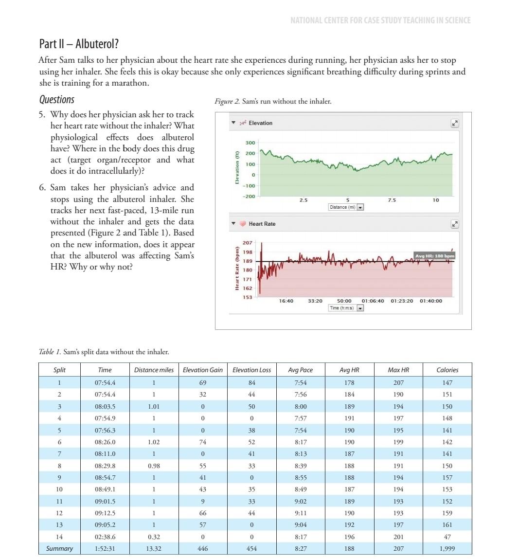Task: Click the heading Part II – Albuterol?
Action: pyautogui.click(x=79, y=44)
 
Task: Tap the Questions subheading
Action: pyautogui.click(x=57, y=100)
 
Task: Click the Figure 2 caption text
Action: pyautogui.click(x=273, y=102)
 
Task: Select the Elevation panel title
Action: pyautogui.click(x=260, y=123)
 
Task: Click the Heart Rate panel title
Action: pyautogui.click(x=262, y=224)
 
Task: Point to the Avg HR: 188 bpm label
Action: pyautogui.click(x=434, y=256)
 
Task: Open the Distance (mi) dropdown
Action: pyautogui.click(x=360, y=207)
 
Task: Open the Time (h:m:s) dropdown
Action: pyautogui.click(x=360, y=308)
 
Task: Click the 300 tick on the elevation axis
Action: pyautogui.click(x=250, y=143)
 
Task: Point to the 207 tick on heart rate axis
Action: pyautogui.click(x=247, y=242)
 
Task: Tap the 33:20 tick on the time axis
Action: pyautogui.click(x=315, y=301)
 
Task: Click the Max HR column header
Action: pyautogui.click(x=398, y=370)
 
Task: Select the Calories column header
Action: pyautogui.click(x=447, y=370)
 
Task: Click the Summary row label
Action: pyautogui.click(x=59, y=549)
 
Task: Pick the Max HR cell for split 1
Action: pyautogui.click(x=398, y=383)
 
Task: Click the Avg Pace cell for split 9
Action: pyautogui.click(x=300, y=478)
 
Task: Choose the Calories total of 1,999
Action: pyautogui.click(x=447, y=549)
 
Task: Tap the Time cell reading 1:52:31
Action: pyautogui.click(x=105, y=549)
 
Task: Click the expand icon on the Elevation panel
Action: pyautogui.click(x=455, y=123)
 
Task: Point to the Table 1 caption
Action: pyautogui.click(x=104, y=352)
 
